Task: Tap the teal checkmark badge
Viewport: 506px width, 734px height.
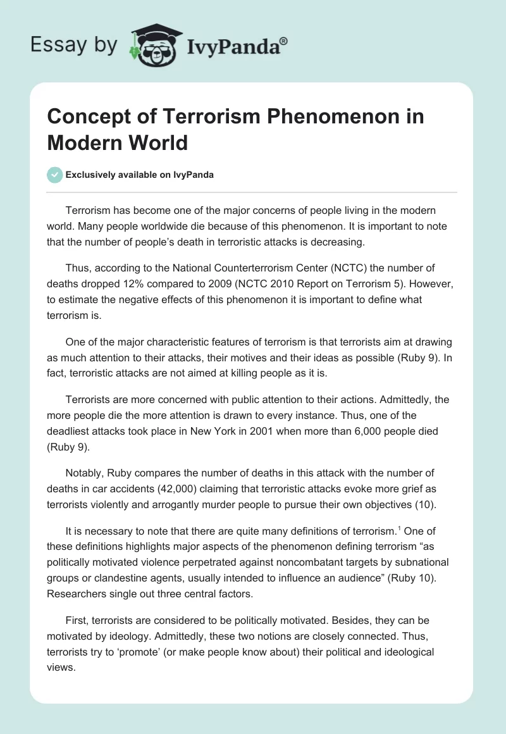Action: click(x=56, y=175)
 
